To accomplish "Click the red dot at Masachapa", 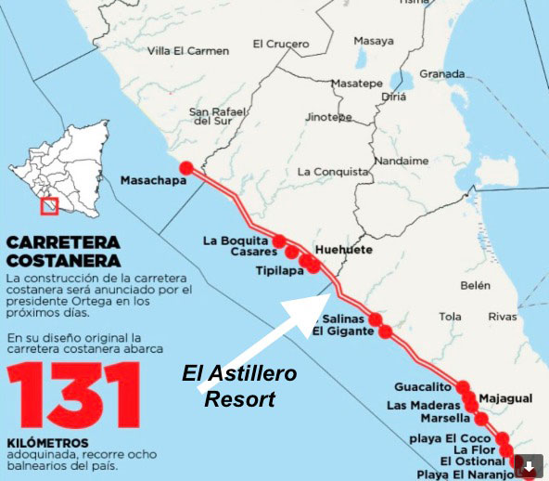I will (x=186, y=168).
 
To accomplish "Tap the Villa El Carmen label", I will (x=187, y=50).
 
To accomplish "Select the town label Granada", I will (x=441, y=74).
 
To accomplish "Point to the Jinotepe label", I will (x=328, y=118).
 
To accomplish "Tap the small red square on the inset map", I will (x=50, y=204).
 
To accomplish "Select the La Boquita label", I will (x=230, y=241).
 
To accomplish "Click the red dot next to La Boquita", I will (x=279, y=241).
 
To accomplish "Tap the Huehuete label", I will (x=344, y=251).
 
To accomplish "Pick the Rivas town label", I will (x=503, y=317).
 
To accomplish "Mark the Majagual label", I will (x=507, y=398).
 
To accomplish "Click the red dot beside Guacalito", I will (x=464, y=387).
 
